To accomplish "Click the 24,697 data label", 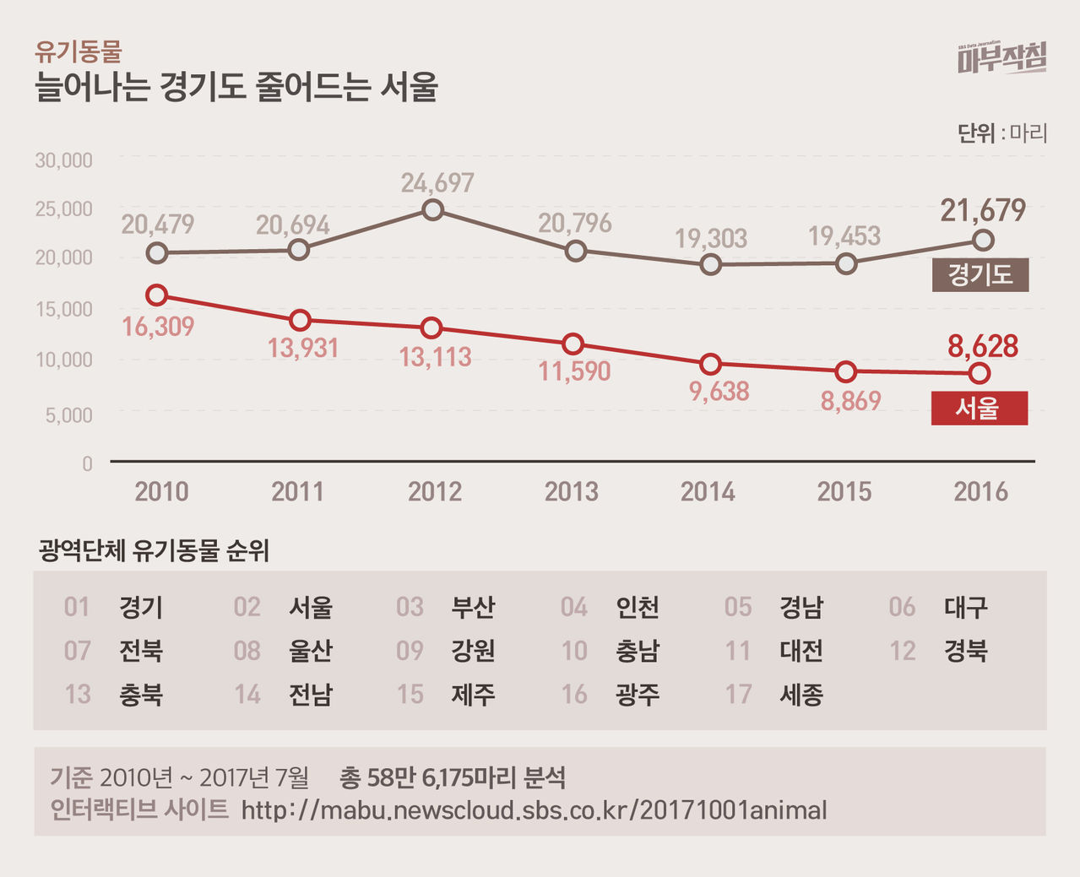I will point(437,182).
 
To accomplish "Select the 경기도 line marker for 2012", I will point(432,209).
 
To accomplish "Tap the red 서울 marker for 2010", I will point(156,295).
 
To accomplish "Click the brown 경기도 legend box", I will point(980,275).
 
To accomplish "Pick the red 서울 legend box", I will point(979,409).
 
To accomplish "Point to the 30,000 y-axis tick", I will point(63,160).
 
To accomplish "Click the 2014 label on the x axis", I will point(707,491).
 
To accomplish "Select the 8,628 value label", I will point(982,345).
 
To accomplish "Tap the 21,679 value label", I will point(983,210).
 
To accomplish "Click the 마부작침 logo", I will point(1001,58).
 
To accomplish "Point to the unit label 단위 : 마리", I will point(1001,133).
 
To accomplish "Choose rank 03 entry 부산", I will point(473,607).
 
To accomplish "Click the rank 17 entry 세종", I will point(801,695).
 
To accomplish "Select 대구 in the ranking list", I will point(965,607).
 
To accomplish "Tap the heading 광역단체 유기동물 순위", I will point(154,551).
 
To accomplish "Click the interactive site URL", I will point(534,810).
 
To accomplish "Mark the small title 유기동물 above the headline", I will point(78,52).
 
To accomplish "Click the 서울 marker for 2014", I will point(711,364).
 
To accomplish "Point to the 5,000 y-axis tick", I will point(64,414).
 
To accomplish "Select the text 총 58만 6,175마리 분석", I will point(452,777).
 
